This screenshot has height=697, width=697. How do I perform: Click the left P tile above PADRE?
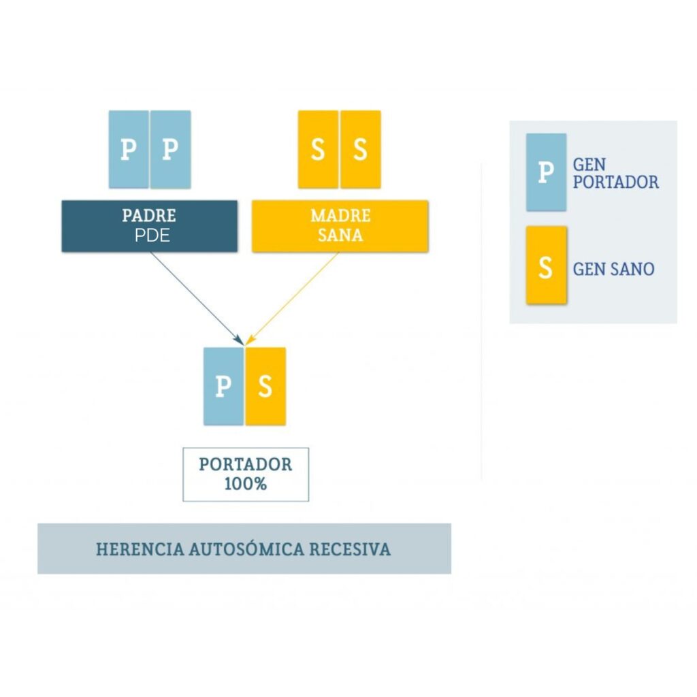point(129,149)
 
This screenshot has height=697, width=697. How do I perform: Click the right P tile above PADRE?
point(171,149)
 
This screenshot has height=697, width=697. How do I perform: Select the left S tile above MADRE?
point(318,149)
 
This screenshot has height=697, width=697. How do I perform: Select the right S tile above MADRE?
point(361,149)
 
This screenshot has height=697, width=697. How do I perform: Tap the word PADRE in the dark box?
point(149,216)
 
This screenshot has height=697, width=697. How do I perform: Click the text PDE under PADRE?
point(152,235)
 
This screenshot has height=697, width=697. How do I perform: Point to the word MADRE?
point(340,216)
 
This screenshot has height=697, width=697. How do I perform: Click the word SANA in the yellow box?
point(340,235)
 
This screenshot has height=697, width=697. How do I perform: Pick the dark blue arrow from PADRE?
point(197,299)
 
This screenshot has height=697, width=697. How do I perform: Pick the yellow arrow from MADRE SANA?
point(292,299)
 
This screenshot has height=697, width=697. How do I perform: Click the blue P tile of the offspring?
point(223,387)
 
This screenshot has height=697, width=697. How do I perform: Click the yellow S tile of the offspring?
point(265,387)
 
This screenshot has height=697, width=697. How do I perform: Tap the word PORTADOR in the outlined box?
point(245,464)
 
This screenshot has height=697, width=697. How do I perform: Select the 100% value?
point(245,484)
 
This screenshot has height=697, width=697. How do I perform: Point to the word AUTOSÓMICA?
point(246,549)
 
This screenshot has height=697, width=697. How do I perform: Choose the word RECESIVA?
point(350,549)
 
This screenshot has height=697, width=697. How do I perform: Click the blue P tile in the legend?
point(547,172)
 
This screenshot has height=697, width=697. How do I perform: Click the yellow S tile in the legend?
point(547,265)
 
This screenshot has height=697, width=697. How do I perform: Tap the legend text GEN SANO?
point(613,270)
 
